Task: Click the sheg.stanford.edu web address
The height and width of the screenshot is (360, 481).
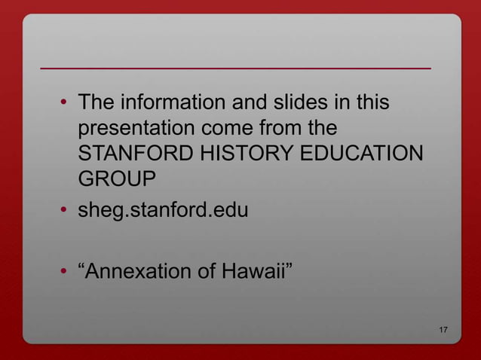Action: point(163,210)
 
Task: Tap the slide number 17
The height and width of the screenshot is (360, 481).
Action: point(443,331)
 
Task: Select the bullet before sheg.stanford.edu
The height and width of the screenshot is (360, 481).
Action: point(66,211)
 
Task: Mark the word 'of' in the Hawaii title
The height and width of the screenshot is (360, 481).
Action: point(206,270)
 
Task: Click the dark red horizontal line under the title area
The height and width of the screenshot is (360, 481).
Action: point(235,69)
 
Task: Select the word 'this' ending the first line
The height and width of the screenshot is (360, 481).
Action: point(371,101)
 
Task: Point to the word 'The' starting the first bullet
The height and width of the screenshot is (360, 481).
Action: point(95,101)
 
